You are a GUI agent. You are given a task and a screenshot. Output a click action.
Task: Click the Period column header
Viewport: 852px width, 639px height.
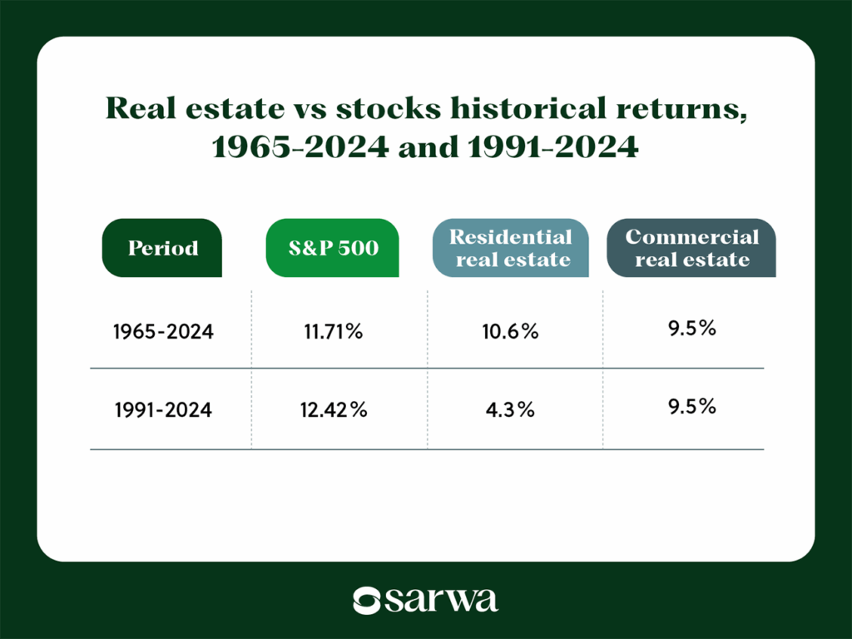[163, 248]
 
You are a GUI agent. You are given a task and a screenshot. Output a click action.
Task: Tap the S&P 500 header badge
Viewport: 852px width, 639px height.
[332, 248]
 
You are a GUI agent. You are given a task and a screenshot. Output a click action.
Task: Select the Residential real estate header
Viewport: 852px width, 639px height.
[511, 248]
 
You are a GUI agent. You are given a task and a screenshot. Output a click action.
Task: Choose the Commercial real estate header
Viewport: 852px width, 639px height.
[691, 248]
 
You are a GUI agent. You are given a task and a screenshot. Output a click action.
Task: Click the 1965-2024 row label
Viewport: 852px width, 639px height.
[163, 331]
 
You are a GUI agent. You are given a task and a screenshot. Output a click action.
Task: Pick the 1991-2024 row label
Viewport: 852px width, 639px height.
[163, 410]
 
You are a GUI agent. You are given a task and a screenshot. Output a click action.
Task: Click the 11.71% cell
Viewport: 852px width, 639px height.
[332, 331]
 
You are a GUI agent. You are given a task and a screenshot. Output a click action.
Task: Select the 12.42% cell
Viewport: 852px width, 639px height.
[332, 410]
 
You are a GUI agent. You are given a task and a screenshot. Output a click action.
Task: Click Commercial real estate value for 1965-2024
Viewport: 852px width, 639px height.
[691, 328]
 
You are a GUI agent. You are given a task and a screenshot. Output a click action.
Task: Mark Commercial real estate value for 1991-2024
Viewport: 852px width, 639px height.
[691, 407]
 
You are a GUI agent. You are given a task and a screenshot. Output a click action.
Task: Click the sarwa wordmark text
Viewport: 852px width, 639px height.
[441, 600]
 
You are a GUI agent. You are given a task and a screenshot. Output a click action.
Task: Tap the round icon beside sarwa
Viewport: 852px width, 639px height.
[366, 600]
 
